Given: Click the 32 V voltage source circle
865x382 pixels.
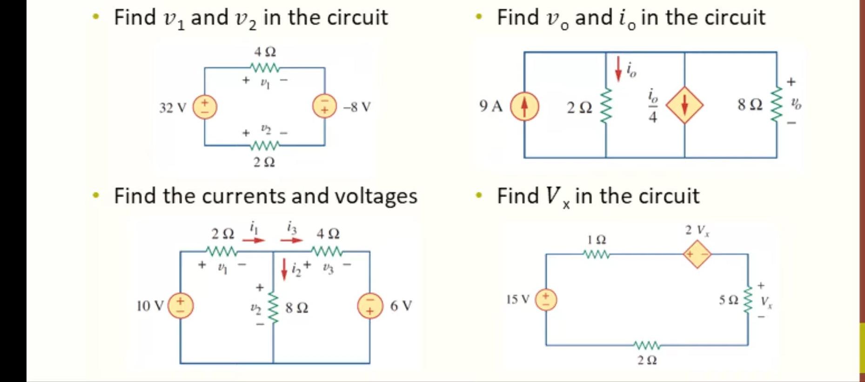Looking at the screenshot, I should coord(205,107).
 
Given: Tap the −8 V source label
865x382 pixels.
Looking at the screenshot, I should coord(357,107).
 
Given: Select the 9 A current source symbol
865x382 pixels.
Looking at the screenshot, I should coord(524,107).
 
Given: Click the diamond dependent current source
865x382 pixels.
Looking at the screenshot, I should coord(684,105).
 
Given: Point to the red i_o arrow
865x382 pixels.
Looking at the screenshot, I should coord(618,69).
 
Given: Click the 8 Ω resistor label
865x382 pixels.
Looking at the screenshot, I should coord(750,105).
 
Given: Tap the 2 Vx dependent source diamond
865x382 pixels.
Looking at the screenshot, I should coord(697,255).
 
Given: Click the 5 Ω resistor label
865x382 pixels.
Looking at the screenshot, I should coord(729,300).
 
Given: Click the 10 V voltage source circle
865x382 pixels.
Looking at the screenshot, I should coord(181,306).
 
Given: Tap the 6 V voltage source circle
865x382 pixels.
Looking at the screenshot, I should coord(370,306).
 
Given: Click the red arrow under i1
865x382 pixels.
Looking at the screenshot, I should coord(254,240).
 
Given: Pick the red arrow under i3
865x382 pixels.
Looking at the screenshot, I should coord(291,240).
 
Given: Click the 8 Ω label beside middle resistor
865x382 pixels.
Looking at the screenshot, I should coord(296,308).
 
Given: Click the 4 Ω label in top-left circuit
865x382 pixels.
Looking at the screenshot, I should coord(264,51).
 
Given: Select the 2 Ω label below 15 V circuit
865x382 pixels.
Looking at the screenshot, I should coord(647,360).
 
